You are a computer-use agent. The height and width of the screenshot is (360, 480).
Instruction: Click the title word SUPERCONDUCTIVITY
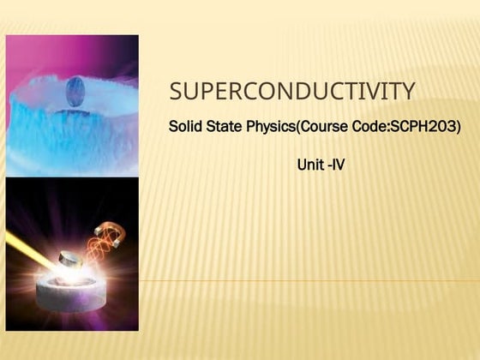[292, 91]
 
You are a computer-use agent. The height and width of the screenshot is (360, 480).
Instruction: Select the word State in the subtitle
[225, 128]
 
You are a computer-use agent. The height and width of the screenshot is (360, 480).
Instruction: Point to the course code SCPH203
[423, 128]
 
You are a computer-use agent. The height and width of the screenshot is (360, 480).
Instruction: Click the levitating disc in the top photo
[75, 89]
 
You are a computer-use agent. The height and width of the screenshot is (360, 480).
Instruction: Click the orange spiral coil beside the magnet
[96, 254]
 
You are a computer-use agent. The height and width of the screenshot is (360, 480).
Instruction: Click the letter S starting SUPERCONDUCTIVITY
[176, 91]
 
